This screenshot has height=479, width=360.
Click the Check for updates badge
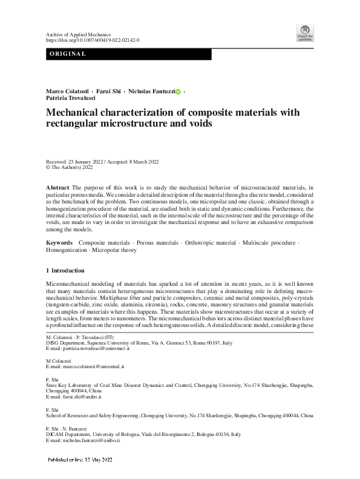click(x=304, y=33)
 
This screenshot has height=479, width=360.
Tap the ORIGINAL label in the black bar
click(x=67, y=55)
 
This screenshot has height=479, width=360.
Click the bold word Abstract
click(x=58, y=189)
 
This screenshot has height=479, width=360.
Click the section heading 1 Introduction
click(x=65, y=270)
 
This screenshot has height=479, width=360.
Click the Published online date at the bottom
click(x=81, y=460)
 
